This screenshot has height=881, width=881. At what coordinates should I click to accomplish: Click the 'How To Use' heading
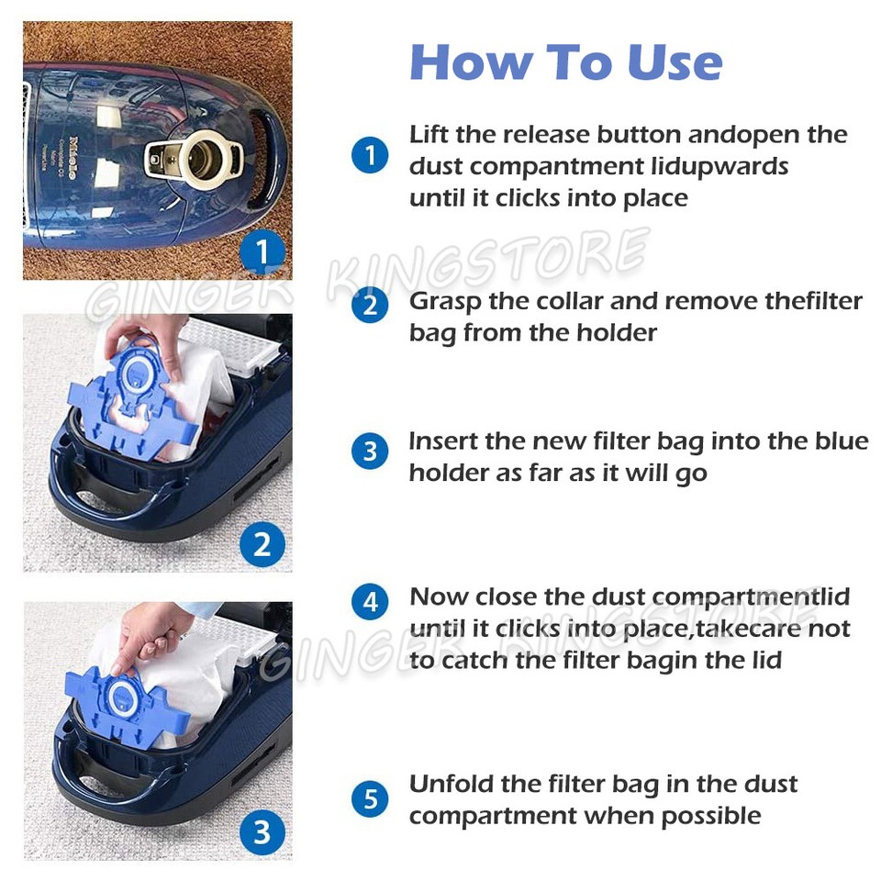tap(565, 62)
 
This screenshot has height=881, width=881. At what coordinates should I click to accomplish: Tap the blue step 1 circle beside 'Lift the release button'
tap(370, 155)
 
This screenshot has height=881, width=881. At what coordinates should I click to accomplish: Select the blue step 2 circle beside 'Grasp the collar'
tap(370, 305)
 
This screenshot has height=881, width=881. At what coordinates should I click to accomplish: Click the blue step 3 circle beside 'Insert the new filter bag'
tap(370, 452)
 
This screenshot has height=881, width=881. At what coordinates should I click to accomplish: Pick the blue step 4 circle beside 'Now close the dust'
tap(370, 602)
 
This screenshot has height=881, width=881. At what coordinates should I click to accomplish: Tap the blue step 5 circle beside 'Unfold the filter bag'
tap(370, 799)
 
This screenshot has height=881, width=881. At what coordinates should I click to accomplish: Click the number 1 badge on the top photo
tap(262, 251)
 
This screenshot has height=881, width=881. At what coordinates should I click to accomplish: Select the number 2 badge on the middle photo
tap(262, 545)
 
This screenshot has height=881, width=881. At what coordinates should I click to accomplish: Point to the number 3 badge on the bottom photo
tap(262, 831)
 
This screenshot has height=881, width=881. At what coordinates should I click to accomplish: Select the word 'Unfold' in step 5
tap(449, 785)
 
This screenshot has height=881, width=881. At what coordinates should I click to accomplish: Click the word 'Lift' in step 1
tap(429, 134)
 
